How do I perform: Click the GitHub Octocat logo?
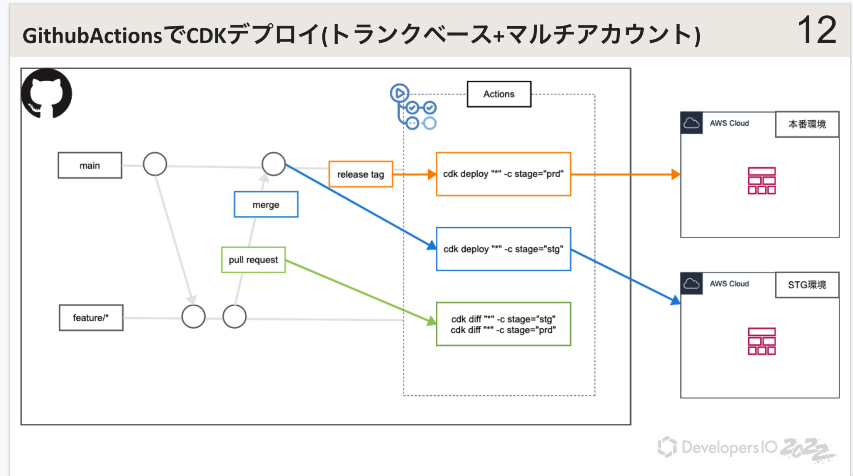[46, 93]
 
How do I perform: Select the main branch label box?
[90, 166]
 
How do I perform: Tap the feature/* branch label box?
[91, 318]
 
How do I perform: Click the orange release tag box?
[361, 174]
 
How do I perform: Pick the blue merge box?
[266, 205]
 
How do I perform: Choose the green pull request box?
[253, 260]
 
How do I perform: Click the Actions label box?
[499, 94]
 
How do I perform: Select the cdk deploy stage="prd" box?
[503, 174]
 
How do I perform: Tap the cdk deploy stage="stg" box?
[503, 249]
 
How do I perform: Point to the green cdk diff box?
[503, 325]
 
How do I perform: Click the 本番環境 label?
[807, 124]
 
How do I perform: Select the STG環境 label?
[807, 285]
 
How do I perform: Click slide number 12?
[816, 30]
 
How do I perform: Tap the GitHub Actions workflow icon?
[413, 107]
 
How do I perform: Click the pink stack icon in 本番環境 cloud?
[761, 181]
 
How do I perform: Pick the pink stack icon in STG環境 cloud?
[761, 341]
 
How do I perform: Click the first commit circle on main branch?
[155, 164]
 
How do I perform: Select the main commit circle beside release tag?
[274, 164]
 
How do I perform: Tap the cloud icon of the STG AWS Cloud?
[691, 284]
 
